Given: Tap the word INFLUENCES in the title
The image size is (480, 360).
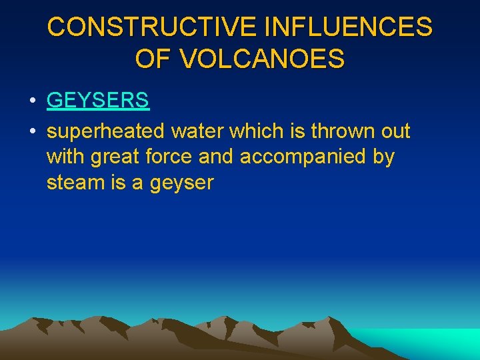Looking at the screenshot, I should [349, 28].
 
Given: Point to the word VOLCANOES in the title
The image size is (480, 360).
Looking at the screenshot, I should [262, 59].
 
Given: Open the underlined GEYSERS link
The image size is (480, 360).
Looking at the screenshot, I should [98, 101].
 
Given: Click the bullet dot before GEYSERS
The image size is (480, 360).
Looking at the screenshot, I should [32, 101].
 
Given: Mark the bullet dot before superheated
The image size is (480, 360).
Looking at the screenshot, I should [32, 132].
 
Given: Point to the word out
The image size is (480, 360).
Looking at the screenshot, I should [395, 131].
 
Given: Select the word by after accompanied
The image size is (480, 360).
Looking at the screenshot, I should [383, 157].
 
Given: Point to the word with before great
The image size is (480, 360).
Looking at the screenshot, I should [65, 157].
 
